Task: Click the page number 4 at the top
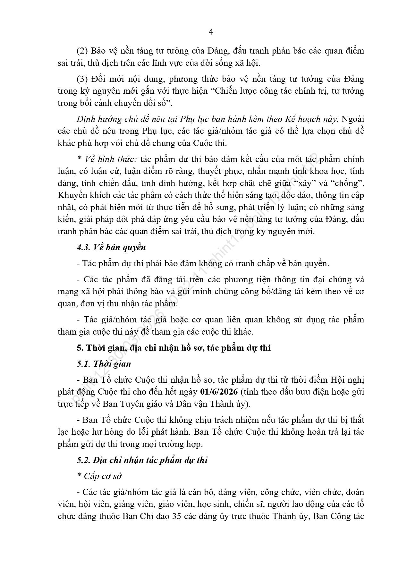(211, 31)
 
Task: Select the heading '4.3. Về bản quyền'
(111, 247)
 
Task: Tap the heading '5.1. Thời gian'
(104, 364)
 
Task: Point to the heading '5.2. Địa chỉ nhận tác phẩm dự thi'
(142, 460)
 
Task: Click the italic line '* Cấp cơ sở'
(99, 476)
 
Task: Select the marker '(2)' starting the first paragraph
(82, 51)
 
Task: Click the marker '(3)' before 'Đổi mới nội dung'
(82, 79)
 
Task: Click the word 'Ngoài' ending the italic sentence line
(353, 119)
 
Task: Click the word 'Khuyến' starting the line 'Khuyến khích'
(70, 195)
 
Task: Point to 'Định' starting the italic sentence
(86, 119)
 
